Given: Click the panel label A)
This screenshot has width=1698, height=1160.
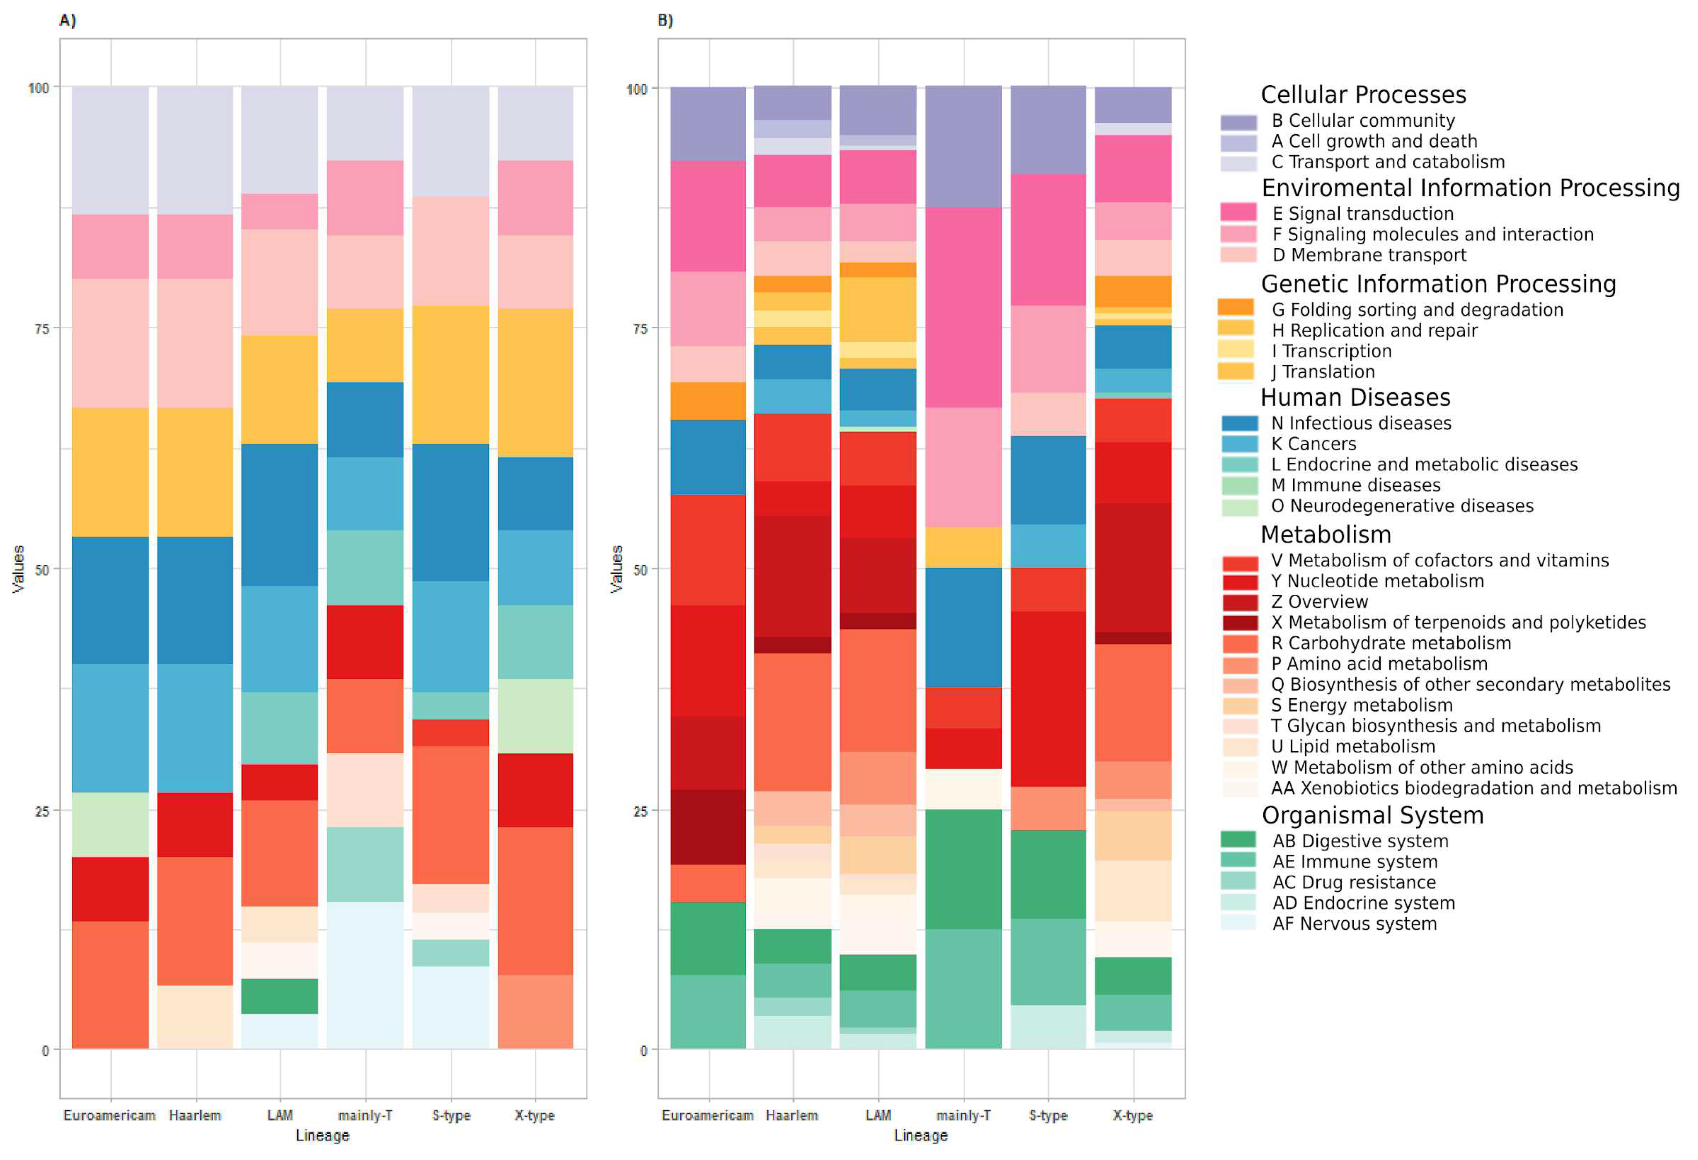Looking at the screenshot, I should point(67,20).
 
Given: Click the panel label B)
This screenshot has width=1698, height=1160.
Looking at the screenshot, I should point(665,20).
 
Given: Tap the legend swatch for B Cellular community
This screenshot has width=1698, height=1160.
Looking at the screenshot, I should point(1239,121).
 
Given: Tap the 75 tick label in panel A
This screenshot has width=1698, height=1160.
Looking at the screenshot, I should point(42,329).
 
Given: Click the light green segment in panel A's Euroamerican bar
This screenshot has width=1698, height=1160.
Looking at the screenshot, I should point(110,825).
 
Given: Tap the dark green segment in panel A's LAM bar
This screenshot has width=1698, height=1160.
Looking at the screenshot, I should point(280,996).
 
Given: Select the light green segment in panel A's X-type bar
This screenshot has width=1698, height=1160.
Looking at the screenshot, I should point(536,716).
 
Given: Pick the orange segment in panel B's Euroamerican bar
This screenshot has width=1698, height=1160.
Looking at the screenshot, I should point(708,401).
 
